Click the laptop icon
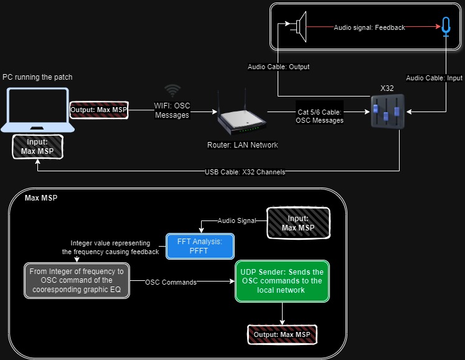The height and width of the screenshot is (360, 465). [38, 110]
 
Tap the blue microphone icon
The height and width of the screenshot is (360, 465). [446, 27]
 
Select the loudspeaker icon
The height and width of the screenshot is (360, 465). [301, 27]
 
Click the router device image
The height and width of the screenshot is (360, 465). [242, 114]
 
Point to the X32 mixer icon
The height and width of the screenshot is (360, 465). [387, 111]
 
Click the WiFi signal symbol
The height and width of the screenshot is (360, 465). [172, 90]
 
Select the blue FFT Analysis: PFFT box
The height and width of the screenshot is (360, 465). [200, 246]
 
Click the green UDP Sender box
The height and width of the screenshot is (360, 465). [282, 281]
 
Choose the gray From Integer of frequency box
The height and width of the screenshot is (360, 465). [77, 280]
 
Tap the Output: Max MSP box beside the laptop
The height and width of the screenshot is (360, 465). [99, 110]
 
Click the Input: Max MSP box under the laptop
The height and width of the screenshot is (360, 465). [38, 146]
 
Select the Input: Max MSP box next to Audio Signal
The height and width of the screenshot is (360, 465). [298, 223]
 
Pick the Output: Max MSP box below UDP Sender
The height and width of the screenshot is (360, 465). [283, 334]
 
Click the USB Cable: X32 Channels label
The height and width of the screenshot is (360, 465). [245, 172]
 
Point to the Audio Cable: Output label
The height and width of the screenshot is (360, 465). [278, 67]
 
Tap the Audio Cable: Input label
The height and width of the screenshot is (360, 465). [434, 78]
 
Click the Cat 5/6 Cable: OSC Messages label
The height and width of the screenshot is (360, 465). [319, 116]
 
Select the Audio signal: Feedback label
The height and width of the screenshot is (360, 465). [369, 27]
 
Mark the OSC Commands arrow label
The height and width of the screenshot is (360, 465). [171, 282]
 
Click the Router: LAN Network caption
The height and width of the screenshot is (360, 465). [242, 145]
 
